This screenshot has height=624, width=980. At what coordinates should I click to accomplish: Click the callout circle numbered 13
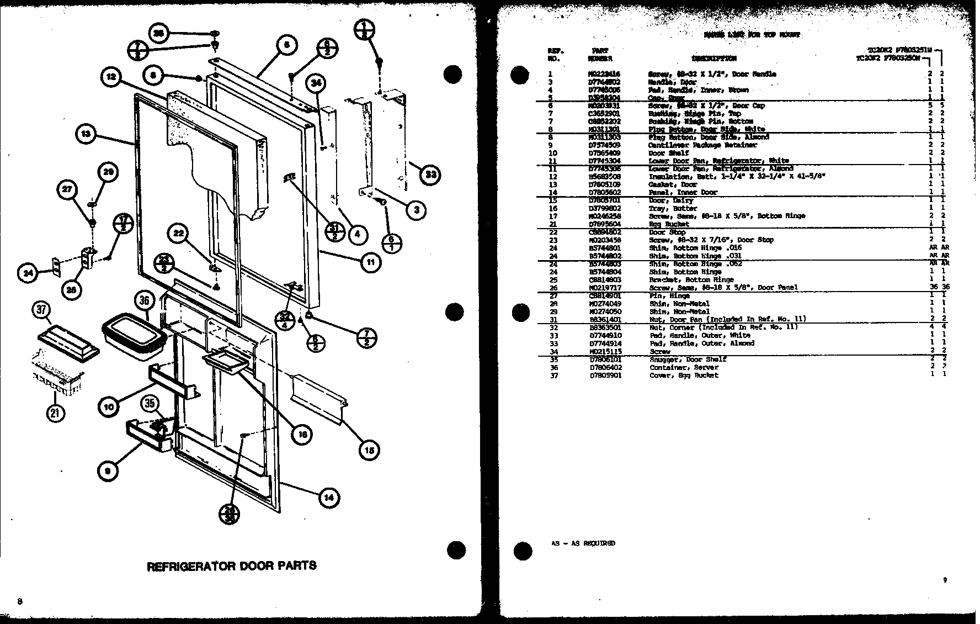(86, 134)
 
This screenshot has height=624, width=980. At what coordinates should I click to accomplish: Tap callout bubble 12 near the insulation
(112, 77)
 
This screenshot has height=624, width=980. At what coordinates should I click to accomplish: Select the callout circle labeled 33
(430, 175)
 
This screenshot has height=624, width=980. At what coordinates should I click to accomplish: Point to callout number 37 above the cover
(42, 310)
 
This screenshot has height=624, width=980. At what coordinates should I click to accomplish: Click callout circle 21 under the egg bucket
(56, 413)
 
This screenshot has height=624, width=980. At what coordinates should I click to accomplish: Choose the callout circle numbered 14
(328, 498)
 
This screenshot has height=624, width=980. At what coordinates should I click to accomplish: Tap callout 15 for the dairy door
(369, 451)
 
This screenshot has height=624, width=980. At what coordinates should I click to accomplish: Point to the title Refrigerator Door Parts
(231, 565)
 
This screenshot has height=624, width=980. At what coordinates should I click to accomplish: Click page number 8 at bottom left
(20, 601)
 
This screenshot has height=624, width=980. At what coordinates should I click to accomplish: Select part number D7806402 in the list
(605, 367)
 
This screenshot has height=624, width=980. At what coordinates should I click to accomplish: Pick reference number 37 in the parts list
(553, 376)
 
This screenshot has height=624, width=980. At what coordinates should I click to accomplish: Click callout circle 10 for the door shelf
(109, 407)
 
